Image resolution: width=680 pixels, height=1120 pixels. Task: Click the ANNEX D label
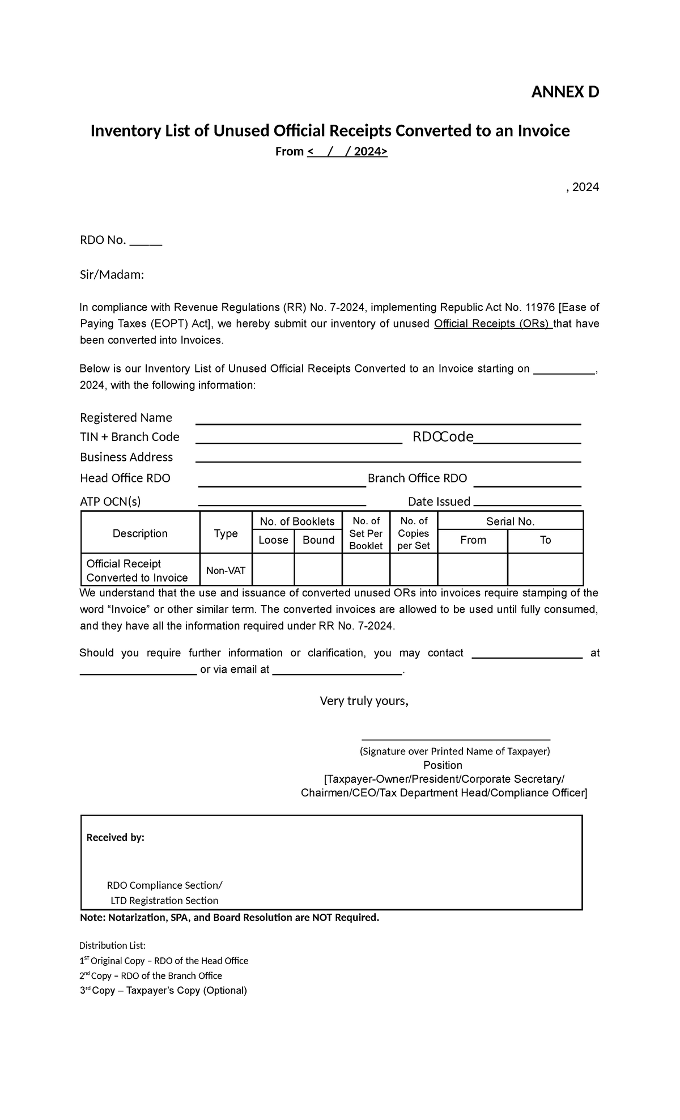pyautogui.click(x=564, y=92)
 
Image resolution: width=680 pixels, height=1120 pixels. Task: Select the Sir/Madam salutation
pyautogui.click(x=112, y=275)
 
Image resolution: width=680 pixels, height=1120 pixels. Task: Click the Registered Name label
pyautogui.click(x=126, y=418)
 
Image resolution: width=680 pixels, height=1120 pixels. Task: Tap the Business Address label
pyautogui.click(x=126, y=457)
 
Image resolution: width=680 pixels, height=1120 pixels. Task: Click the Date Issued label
pyautogui.click(x=439, y=502)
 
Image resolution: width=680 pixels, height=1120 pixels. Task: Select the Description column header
pyautogui.click(x=140, y=533)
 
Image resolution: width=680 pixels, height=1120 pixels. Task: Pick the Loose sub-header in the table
pyautogui.click(x=273, y=540)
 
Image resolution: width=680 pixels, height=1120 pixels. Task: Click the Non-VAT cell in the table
pyautogui.click(x=226, y=570)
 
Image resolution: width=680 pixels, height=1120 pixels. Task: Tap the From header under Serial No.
pyautogui.click(x=473, y=540)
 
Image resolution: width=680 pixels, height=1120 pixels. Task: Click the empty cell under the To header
pyautogui.click(x=545, y=569)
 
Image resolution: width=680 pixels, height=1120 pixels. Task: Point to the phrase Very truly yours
pyautogui.click(x=364, y=701)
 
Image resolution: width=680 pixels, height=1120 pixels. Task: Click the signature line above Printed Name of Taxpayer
pyautogui.click(x=456, y=739)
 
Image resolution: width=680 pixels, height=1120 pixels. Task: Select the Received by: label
pyautogui.click(x=115, y=838)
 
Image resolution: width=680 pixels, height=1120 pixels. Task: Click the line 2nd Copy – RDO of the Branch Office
pyautogui.click(x=150, y=975)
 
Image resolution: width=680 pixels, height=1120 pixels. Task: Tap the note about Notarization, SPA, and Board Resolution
pyautogui.click(x=229, y=918)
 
